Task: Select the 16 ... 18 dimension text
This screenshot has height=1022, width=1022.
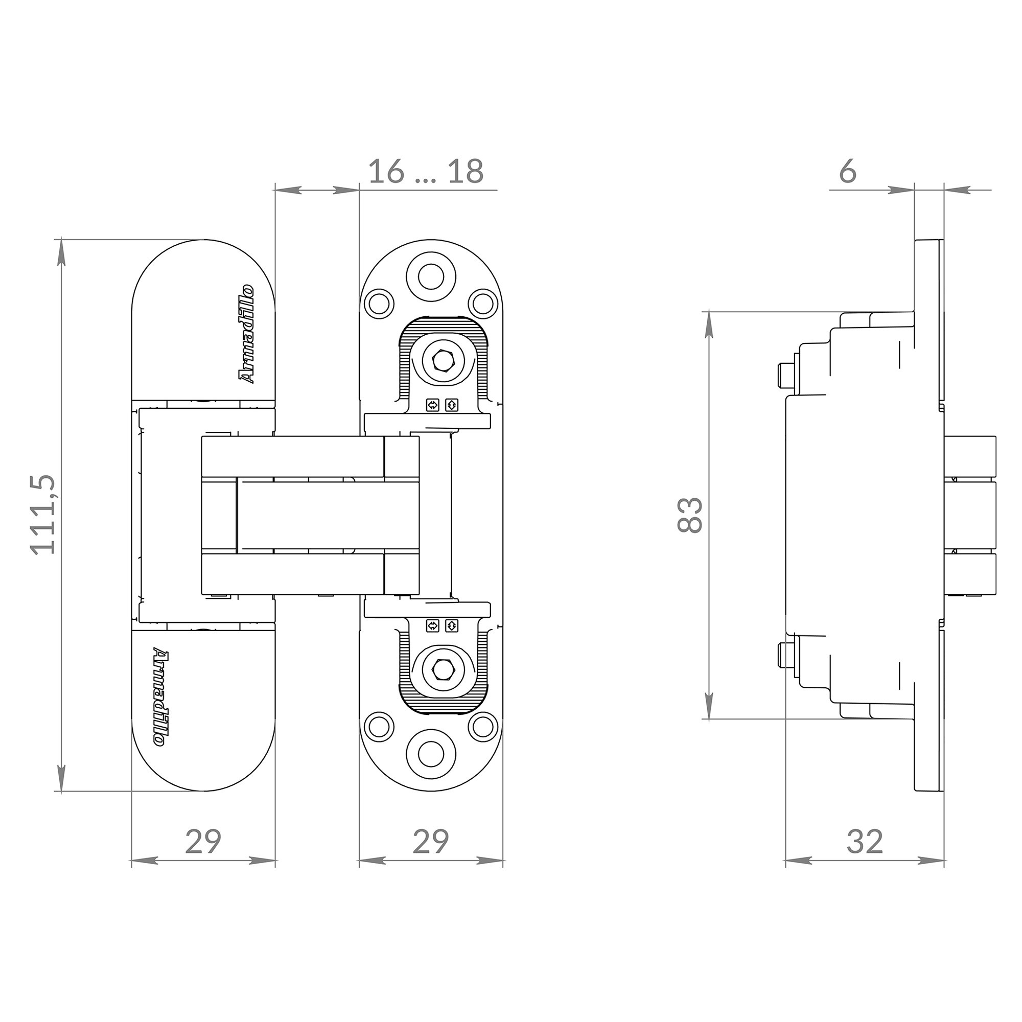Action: (425, 172)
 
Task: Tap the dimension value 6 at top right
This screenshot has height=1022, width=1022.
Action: (847, 172)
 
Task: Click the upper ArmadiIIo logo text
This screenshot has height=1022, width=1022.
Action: (246, 334)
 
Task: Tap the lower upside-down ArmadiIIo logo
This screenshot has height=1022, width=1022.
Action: (161, 697)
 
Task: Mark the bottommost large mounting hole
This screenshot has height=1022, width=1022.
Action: (431, 753)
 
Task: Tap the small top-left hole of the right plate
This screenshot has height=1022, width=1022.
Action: (379, 304)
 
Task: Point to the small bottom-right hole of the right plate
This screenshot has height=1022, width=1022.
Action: (482, 726)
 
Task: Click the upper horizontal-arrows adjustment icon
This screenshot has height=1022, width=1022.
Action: (433, 405)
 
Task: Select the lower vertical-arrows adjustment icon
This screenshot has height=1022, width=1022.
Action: (451, 626)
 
